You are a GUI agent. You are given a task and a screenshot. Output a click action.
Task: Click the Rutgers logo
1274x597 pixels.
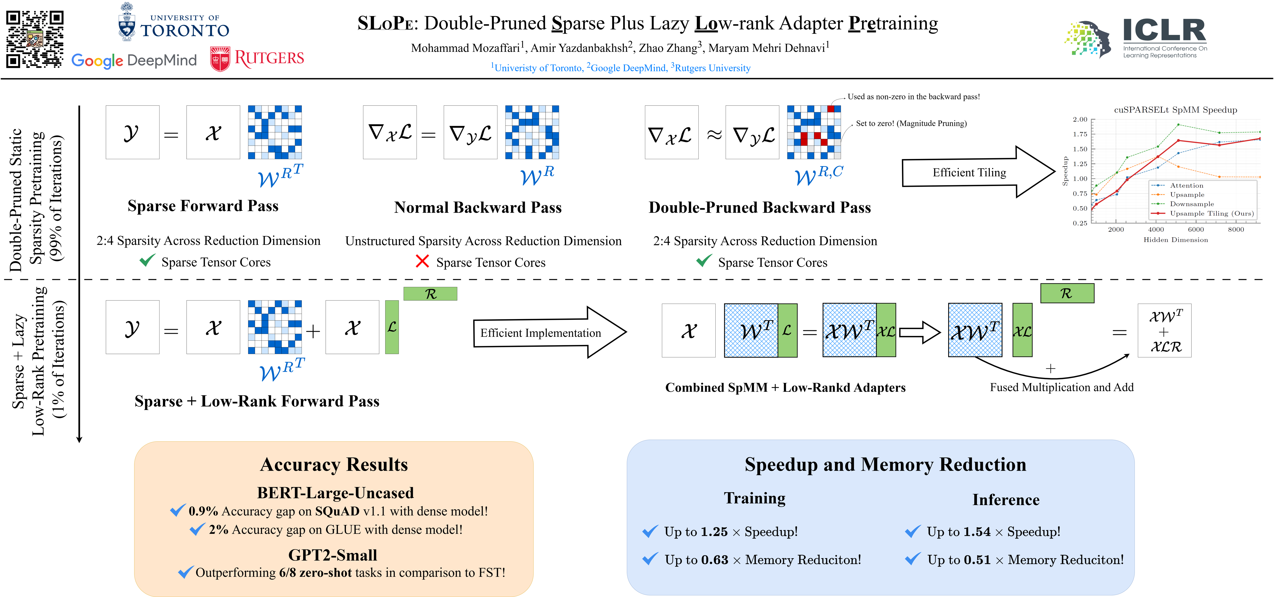[x=257, y=59]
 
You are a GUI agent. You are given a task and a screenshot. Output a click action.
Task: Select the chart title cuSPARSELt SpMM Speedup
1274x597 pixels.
[x=1175, y=110]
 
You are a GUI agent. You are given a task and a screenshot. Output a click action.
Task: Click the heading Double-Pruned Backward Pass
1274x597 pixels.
[x=760, y=207]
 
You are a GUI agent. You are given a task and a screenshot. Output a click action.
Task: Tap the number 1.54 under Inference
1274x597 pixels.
[x=977, y=532]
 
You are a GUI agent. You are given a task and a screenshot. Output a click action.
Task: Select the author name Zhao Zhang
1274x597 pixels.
[x=668, y=48]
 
